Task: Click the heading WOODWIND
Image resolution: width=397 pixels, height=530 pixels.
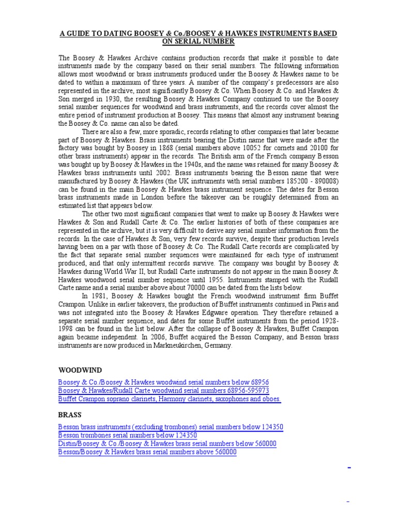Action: click(80, 370)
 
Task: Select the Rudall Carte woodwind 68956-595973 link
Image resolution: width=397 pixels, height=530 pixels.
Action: click(163, 390)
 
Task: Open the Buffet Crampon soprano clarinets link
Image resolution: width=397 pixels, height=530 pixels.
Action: click(170, 399)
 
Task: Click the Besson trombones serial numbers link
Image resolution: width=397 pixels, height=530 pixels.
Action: click(128, 435)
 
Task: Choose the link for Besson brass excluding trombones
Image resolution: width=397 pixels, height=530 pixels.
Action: click(171, 427)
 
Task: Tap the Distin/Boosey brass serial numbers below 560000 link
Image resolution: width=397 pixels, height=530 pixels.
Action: click(167, 444)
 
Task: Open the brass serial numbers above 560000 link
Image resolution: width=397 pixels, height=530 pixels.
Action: click(147, 452)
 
